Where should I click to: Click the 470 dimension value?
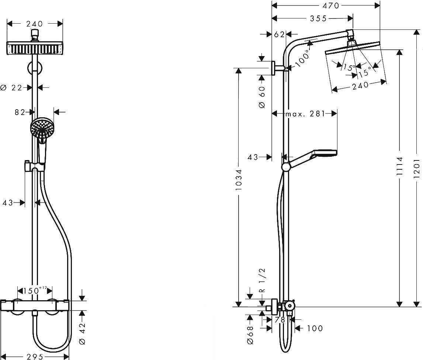pos(331,6)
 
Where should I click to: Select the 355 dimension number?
pos(318,18)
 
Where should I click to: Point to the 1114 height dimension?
pos(399,166)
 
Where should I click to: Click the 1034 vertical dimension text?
pos(239,180)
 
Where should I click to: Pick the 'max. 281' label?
pos(305,114)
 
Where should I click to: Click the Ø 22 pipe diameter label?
pos(11,88)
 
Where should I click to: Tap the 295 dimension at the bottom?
pos(35,357)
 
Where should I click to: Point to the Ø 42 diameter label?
pos(83,334)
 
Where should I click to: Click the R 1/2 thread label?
pos(262,280)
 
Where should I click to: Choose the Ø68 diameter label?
pos(250,335)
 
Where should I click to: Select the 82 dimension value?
pos(20,112)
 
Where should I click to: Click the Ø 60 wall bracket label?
pos(262,97)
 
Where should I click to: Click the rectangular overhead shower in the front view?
pos(35,48)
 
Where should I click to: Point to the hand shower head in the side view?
pos(324,152)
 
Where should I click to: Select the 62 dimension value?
pos(279,34)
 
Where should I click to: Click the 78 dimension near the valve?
pos(280,320)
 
